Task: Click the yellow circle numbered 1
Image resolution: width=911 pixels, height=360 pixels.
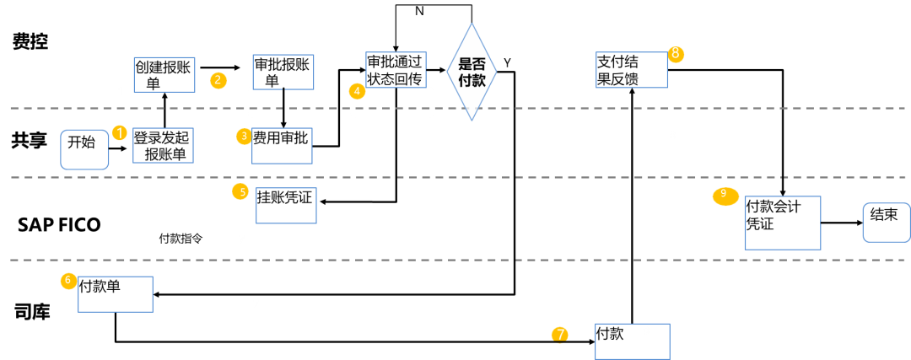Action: tap(119, 132)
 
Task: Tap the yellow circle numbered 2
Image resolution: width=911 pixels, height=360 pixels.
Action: tap(218, 80)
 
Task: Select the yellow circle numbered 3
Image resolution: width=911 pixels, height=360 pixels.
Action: tap(244, 136)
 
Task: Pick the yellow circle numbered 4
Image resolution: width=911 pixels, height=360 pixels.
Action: tap(357, 90)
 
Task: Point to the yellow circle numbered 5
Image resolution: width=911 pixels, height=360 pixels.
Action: tap(240, 191)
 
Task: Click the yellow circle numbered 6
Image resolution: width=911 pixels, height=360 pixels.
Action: tap(68, 281)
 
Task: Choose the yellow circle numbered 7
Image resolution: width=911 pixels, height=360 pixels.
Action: tap(559, 335)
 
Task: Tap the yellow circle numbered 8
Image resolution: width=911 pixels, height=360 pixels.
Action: tap(676, 54)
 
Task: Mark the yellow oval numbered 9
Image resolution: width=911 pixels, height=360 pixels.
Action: tap(725, 196)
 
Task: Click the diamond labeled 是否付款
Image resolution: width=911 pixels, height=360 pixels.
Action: tap(472, 72)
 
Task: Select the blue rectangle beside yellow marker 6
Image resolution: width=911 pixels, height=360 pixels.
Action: tap(116, 294)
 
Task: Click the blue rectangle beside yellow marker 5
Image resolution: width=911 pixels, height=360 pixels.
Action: tap(286, 206)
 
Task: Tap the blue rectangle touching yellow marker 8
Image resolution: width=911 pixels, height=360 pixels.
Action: tap(632, 70)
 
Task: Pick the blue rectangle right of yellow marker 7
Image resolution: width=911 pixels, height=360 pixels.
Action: tap(633, 341)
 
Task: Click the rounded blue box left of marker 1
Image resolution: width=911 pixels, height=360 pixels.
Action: tap(84, 150)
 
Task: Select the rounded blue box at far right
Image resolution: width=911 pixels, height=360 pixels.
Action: tap(886, 223)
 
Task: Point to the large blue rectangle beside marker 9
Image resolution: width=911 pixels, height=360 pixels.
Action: tap(783, 223)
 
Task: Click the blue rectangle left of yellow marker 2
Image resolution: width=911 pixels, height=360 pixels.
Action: tap(164, 75)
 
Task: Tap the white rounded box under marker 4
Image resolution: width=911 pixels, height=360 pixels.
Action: tap(392, 103)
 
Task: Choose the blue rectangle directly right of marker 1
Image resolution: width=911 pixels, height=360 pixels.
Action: tap(163, 146)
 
